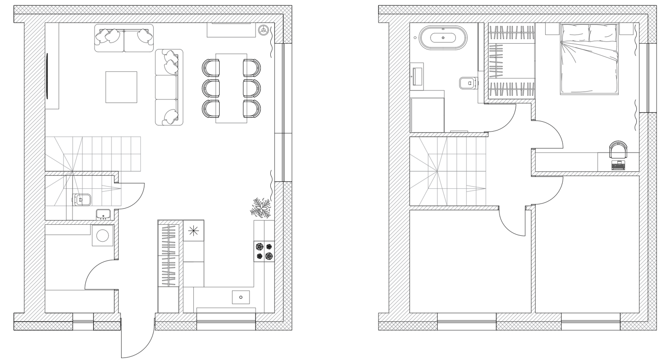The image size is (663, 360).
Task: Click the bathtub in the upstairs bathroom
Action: tap(442, 37)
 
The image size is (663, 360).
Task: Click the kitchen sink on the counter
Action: tap(240, 297)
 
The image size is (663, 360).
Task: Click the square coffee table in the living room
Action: tap(121, 87)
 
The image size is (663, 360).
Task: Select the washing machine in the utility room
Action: tap(103, 235)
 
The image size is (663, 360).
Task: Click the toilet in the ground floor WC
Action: tap(82, 200)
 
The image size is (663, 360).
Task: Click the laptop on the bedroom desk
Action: tap(617, 165)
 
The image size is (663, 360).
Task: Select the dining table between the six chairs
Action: tap(231, 88)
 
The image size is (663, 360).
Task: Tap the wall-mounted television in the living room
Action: tap(47, 75)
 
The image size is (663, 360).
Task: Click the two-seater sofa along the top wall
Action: tap(124, 39)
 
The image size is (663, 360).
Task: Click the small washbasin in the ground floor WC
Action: tap(103, 214)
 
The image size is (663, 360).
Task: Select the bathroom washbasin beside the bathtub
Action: tap(418, 76)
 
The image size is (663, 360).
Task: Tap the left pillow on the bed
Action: tap(574, 34)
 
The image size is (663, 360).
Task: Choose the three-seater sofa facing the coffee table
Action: tap(169, 87)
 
